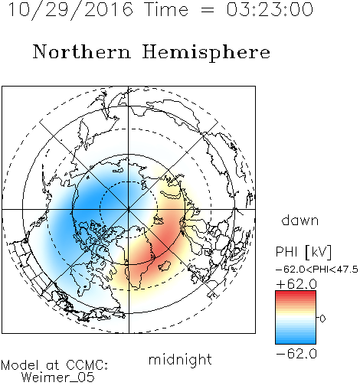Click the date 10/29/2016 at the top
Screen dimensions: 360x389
click(70, 10)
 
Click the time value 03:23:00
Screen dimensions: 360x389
click(270, 9)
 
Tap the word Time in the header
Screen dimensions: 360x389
click(166, 9)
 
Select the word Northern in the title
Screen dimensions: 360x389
click(82, 51)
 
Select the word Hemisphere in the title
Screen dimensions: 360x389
click(206, 53)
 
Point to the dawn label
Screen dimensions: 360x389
click(300, 221)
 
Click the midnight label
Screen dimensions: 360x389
click(180, 360)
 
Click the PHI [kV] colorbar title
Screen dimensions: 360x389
click(303, 252)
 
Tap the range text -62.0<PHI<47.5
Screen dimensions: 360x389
click(317, 270)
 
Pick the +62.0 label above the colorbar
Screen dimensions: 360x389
click(296, 284)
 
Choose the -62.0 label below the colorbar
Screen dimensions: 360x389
click(296, 354)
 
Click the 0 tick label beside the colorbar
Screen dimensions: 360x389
click(322, 319)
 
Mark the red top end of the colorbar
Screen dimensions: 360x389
click(296, 293)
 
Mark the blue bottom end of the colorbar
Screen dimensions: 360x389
click(296, 342)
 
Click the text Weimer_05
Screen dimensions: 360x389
click(58, 378)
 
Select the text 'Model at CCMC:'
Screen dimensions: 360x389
click(54, 365)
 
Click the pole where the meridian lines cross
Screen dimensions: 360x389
click(129, 210)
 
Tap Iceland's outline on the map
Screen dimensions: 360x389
click(164, 266)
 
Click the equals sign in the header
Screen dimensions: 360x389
click(208, 10)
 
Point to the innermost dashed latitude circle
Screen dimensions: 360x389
click(129, 181)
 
